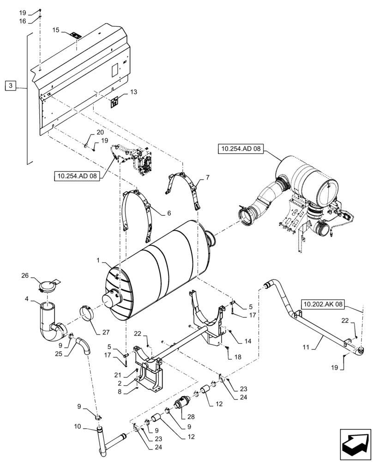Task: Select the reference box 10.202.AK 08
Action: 324,304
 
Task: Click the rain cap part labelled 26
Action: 46,286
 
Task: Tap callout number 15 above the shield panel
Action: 56,30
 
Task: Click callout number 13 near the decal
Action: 133,92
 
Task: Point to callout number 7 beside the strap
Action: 207,177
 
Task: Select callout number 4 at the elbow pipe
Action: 28,299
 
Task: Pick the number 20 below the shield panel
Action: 100,132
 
